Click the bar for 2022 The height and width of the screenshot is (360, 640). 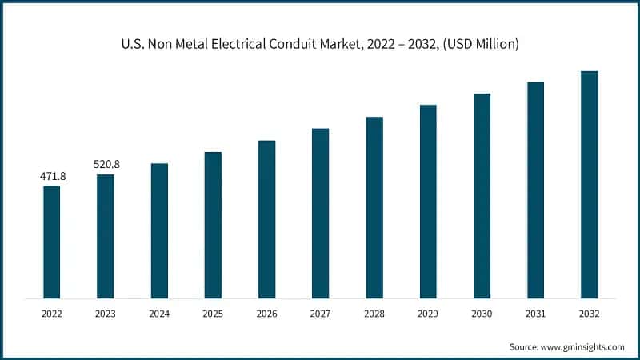click(52, 242)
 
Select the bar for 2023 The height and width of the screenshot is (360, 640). click(106, 236)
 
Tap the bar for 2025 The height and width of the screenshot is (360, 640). click(213, 225)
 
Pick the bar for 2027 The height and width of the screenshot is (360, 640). click(321, 213)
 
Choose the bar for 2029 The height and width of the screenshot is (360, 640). click(428, 201)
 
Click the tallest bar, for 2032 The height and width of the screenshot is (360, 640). click(590, 184)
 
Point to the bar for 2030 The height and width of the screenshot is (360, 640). click(482, 195)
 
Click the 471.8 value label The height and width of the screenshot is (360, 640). click(52, 175)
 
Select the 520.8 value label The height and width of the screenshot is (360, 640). click(106, 164)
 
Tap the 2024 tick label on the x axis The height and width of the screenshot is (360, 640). click(159, 314)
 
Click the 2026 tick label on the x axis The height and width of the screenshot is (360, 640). click(266, 314)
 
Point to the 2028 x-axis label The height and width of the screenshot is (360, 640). click(374, 314)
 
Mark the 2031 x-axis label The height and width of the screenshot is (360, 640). click(535, 314)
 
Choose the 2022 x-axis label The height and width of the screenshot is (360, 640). click(52, 314)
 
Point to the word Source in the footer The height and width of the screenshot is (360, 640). click(525, 346)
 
